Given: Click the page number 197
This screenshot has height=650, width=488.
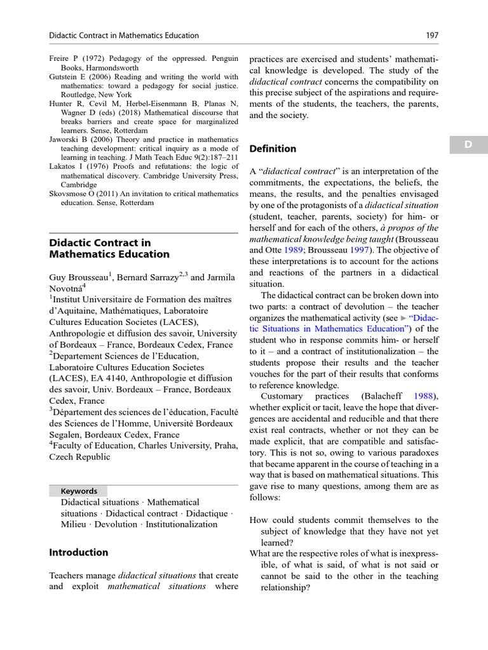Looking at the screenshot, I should [432, 36].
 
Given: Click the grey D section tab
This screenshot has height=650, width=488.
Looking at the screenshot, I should [468, 145].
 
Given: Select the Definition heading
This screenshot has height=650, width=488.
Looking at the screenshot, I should [273, 149].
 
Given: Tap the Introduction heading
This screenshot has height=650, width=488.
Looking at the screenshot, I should [78, 552].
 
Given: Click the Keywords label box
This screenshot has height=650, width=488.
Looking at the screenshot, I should [79, 491].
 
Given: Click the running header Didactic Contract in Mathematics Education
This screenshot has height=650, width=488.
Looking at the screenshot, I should [124, 36].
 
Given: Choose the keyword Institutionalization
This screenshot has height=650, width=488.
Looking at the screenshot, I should [181, 524].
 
